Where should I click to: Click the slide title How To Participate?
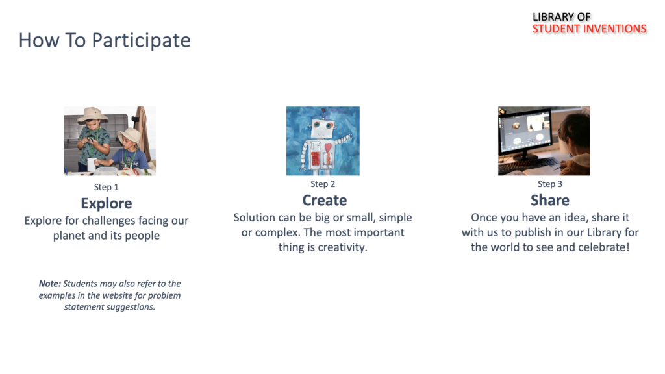click(x=105, y=41)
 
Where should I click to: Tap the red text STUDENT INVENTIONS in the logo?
click(x=590, y=29)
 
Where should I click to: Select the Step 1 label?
click(x=106, y=187)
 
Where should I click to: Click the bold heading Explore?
click(x=107, y=203)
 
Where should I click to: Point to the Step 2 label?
click(x=323, y=184)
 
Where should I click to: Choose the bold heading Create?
click(x=325, y=200)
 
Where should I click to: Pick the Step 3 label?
click(x=550, y=184)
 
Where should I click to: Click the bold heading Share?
click(x=550, y=200)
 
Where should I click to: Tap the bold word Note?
click(x=50, y=284)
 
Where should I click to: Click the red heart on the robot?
click(x=328, y=147)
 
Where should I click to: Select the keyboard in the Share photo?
click(x=528, y=166)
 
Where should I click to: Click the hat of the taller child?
click(x=92, y=114)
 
